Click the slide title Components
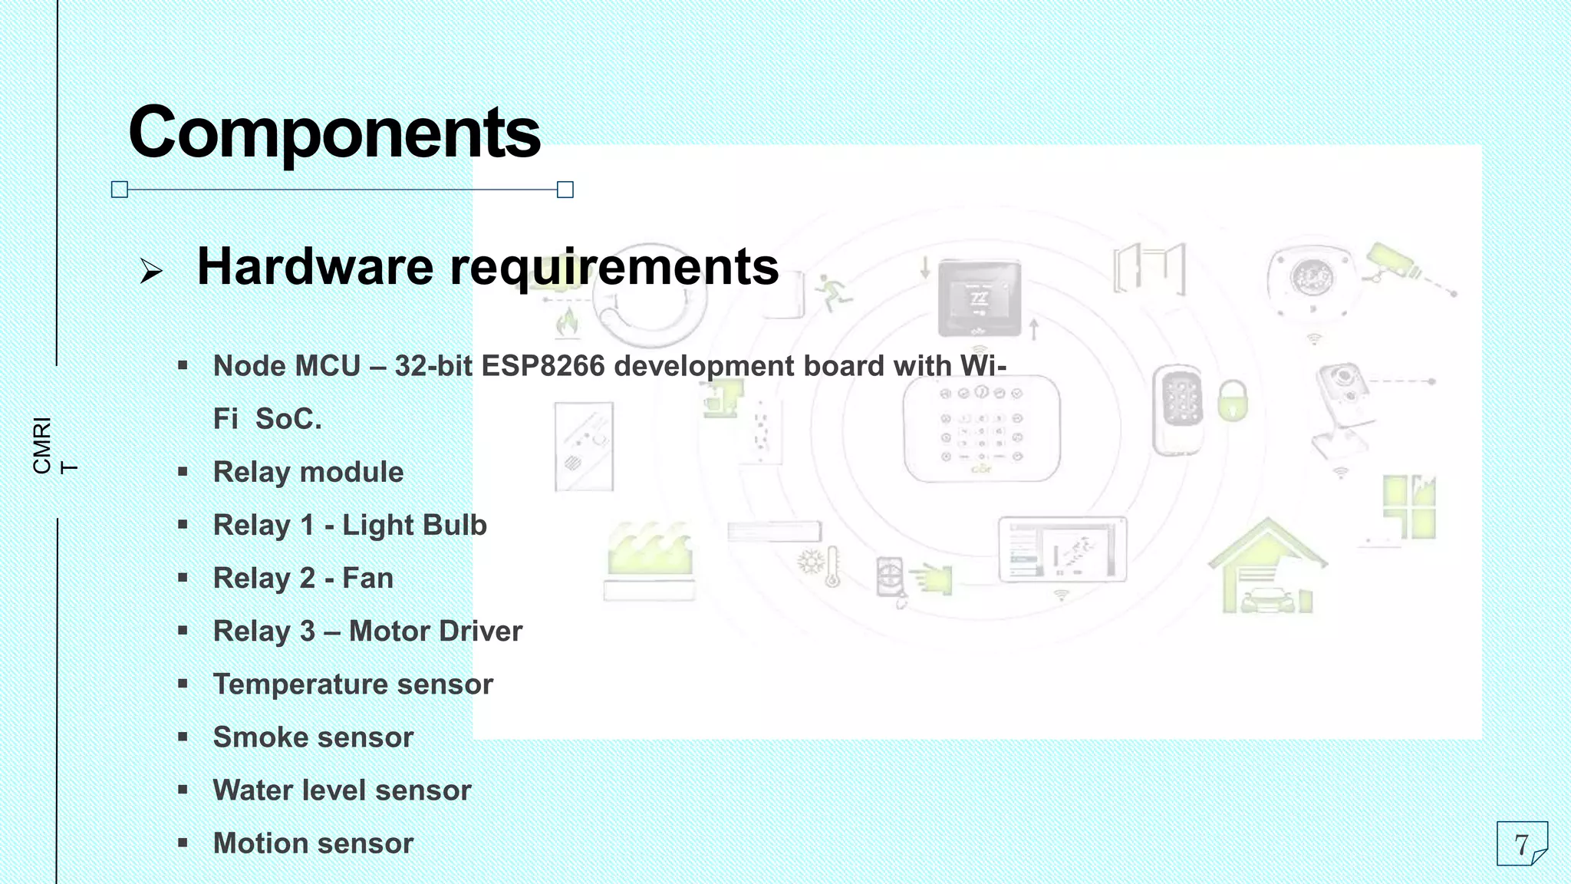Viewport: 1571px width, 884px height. click(334, 132)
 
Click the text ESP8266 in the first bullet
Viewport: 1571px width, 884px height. click(543, 366)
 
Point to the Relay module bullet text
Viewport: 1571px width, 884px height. click(308, 472)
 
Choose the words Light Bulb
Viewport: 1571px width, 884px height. click(414, 525)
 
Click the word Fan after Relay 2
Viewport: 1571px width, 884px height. click(367, 578)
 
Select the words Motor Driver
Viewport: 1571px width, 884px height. click(436, 631)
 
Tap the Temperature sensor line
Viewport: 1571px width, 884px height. click(353, 684)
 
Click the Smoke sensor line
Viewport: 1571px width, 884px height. click(313, 737)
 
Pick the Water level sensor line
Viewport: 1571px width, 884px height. click(342, 790)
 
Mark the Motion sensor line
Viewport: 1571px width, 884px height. click(313, 843)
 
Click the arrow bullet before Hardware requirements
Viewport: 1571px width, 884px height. click(151, 270)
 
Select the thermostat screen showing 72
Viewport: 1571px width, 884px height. click(980, 298)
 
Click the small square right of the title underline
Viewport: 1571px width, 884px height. click(565, 190)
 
